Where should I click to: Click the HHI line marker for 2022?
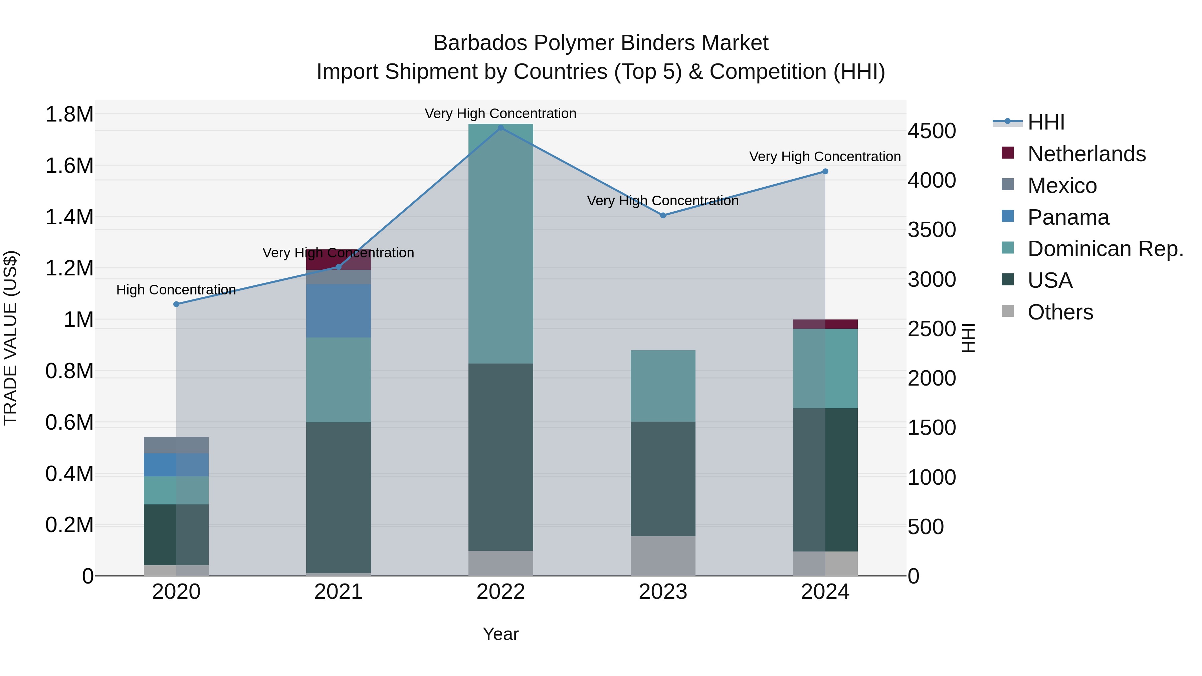[501, 128]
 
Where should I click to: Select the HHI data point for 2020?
[176, 304]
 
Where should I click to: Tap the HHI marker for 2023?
[663, 216]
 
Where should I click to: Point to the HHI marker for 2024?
[825, 172]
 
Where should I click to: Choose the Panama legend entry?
[1068, 217]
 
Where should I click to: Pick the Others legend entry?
[1060, 312]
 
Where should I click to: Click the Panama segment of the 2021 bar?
[338, 311]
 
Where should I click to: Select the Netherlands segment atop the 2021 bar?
[338, 260]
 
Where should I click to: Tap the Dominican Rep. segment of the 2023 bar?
[663, 386]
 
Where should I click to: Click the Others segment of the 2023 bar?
[663, 555]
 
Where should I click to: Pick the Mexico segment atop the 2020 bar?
[176, 445]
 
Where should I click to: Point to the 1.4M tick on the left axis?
[69, 217]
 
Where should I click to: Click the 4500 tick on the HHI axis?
[931, 131]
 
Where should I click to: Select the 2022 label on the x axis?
[501, 592]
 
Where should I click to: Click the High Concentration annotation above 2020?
[176, 290]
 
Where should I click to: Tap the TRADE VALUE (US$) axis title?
[10, 338]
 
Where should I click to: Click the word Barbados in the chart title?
[480, 43]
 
